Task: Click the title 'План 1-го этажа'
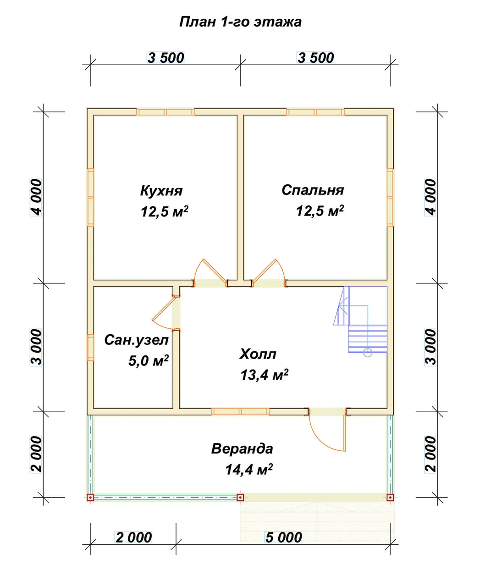tap(240, 22)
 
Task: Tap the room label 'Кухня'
tap(161, 191)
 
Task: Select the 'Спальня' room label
tap(313, 190)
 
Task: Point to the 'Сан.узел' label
tap(136, 340)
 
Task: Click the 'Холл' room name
tap(258, 354)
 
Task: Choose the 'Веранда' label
tap(242, 449)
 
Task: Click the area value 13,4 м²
tap(265, 375)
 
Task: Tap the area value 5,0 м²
tap(149, 361)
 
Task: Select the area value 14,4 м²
tap(249, 469)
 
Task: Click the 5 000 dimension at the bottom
tap(283, 537)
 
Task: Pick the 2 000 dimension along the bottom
tap(134, 537)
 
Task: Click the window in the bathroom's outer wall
tap(90, 347)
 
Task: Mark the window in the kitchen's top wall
tap(166, 112)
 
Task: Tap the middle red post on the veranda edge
tap(240, 498)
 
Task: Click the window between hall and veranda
tap(240, 412)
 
